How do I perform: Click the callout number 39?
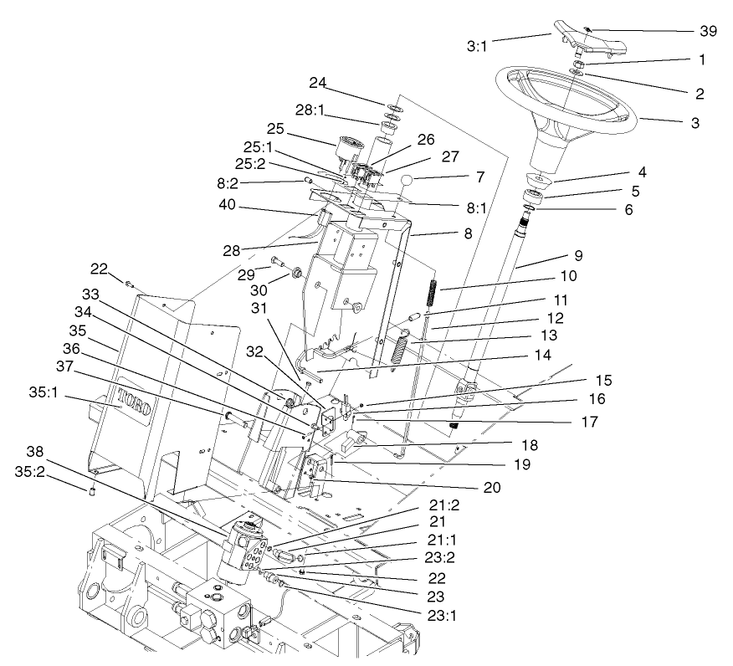pyautogui.click(x=709, y=31)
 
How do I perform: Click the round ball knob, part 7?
pyautogui.click(x=407, y=181)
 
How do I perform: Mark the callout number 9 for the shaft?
pyautogui.click(x=577, y=254)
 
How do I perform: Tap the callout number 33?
pyautogui.click(x=90, y=295)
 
